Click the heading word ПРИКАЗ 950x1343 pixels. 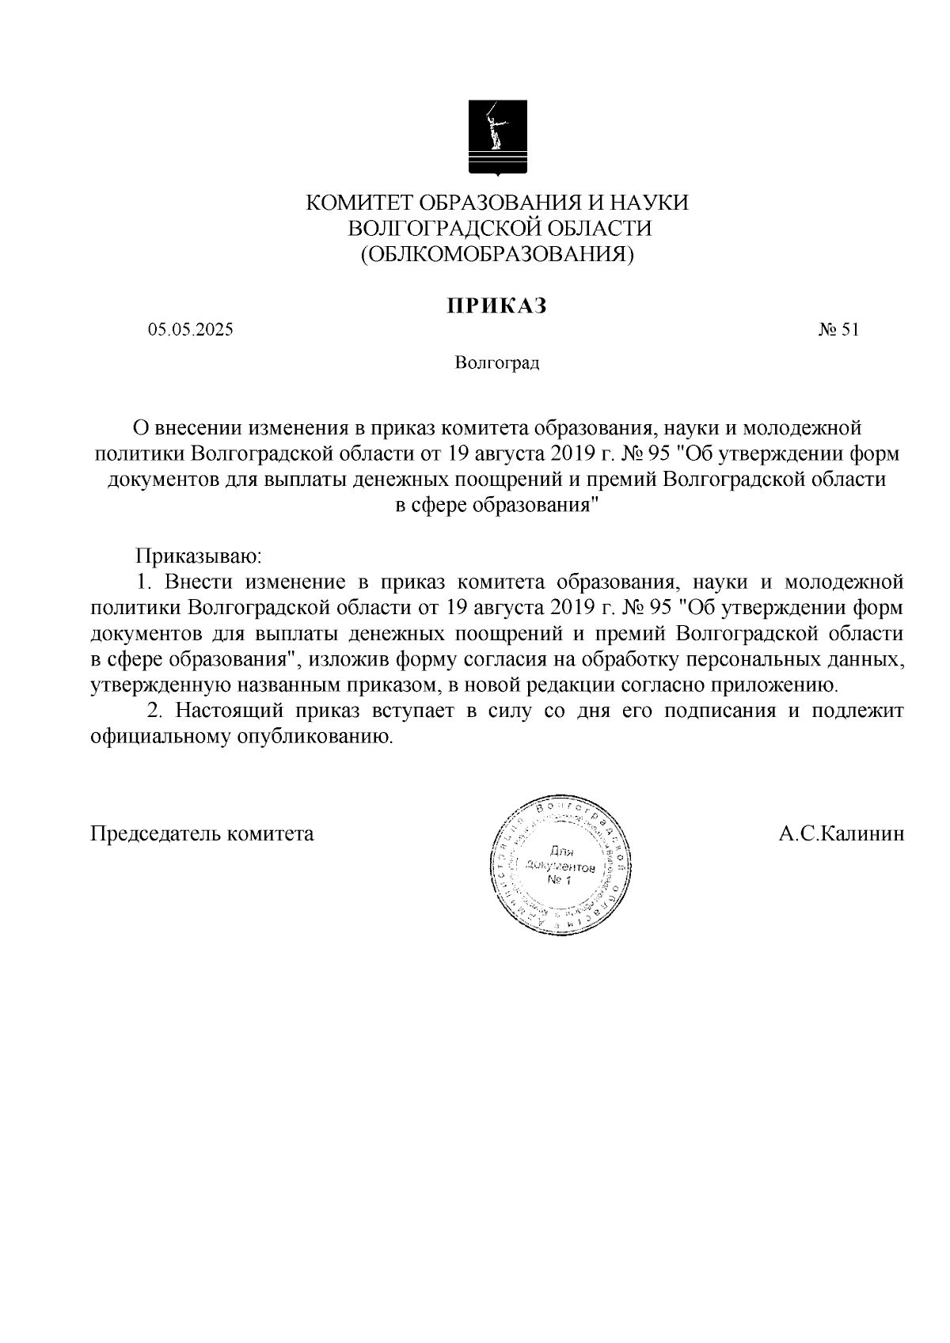(x=497, y=305)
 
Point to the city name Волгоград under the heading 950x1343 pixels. (x=497, y=363)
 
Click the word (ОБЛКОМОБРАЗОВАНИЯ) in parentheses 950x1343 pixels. (x=497, y=254)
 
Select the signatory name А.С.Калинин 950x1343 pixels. (x=841, y=833)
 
